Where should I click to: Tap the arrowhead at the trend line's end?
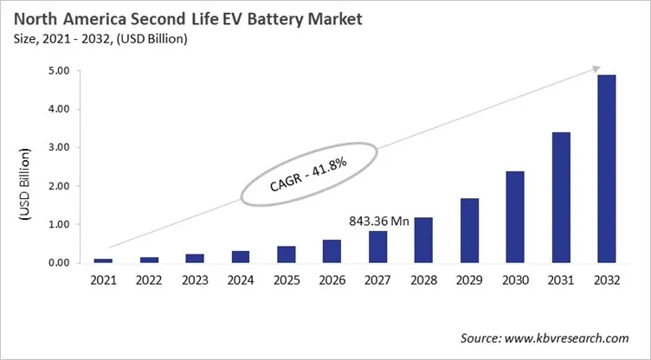point(596,68)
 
